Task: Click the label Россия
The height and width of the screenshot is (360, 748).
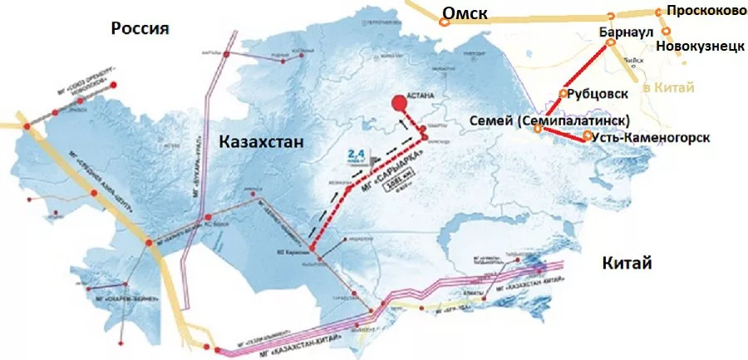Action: [140, 28]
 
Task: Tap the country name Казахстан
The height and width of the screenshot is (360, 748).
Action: [261, 142]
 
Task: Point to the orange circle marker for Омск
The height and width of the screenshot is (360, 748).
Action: [445, 22]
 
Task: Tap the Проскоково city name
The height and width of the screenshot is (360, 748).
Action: [702, 12]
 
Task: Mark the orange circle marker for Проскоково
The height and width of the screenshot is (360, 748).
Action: [659, 12]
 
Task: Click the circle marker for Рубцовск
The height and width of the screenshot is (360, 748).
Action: [564, 93]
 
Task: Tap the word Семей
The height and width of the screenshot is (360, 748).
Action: [492, 121]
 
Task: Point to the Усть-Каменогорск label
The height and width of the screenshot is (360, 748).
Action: [652, 137]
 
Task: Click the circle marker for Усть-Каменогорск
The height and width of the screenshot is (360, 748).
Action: [588, 136]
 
